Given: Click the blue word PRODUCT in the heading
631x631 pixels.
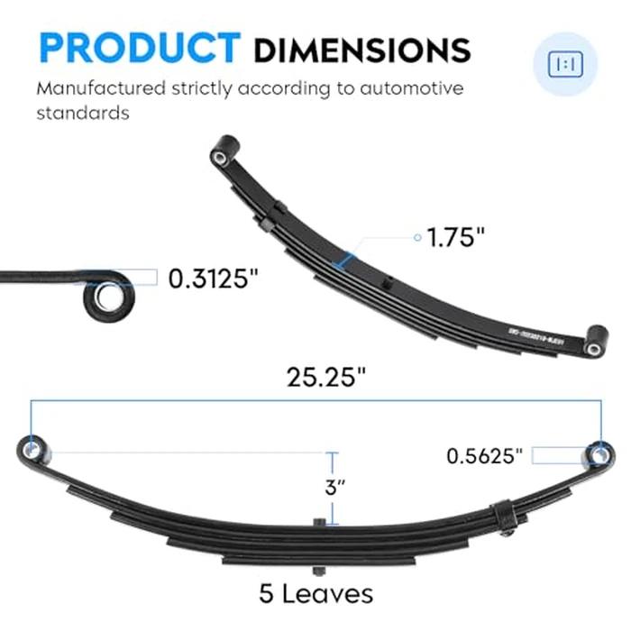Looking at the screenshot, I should pos(138,48).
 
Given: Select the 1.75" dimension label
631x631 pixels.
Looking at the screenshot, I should pos(456,238).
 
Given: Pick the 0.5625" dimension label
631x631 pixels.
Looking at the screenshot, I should pos(485,456).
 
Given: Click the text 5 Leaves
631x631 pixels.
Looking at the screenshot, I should pos(315,594).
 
